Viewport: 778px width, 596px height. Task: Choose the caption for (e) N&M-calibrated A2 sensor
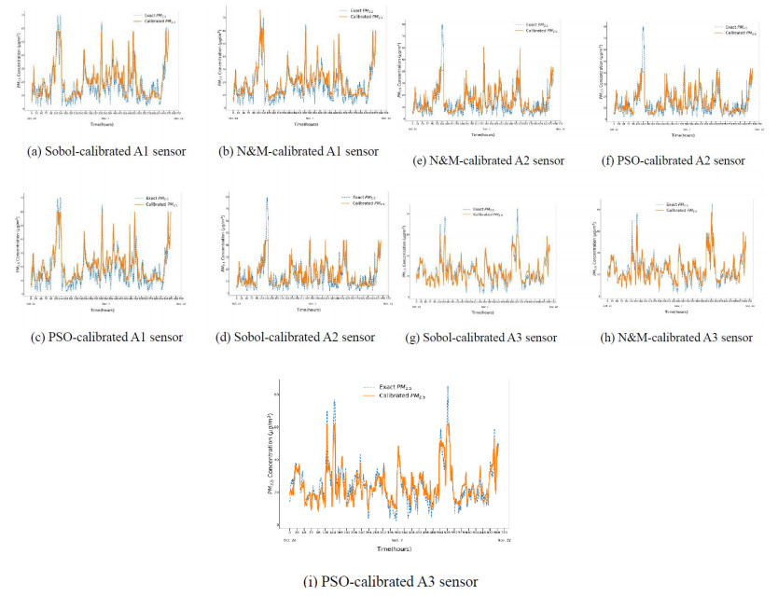(489, 160)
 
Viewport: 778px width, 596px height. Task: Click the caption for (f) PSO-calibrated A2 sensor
(674, 160)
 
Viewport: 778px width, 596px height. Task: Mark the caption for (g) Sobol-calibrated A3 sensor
(489, 337)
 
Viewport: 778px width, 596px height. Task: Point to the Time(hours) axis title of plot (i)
(391, 548)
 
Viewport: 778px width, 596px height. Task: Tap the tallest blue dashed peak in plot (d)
(267, 198)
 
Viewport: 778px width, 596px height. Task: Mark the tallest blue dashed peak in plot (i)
(447, 387)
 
